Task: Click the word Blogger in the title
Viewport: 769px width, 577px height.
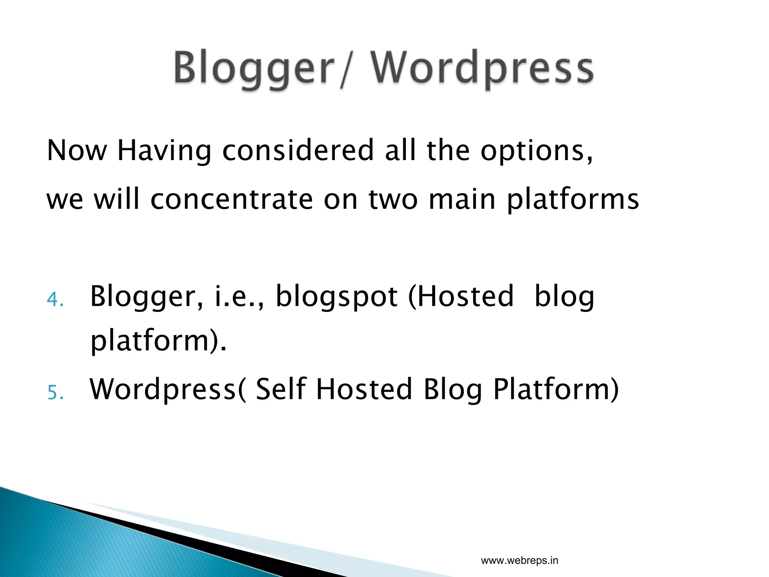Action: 254,68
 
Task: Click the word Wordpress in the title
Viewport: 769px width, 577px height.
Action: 482,68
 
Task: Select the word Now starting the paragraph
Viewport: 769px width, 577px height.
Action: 77,150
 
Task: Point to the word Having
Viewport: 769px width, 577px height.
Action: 164,151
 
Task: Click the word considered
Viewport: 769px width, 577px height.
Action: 298,150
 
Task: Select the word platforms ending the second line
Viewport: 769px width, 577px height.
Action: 573,200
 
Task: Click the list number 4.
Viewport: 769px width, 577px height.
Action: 55,300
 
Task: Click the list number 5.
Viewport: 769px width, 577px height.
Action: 55,393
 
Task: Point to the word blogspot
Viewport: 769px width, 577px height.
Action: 337,297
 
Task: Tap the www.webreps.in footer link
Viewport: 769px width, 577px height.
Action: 519,561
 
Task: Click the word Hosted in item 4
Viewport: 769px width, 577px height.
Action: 465,296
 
